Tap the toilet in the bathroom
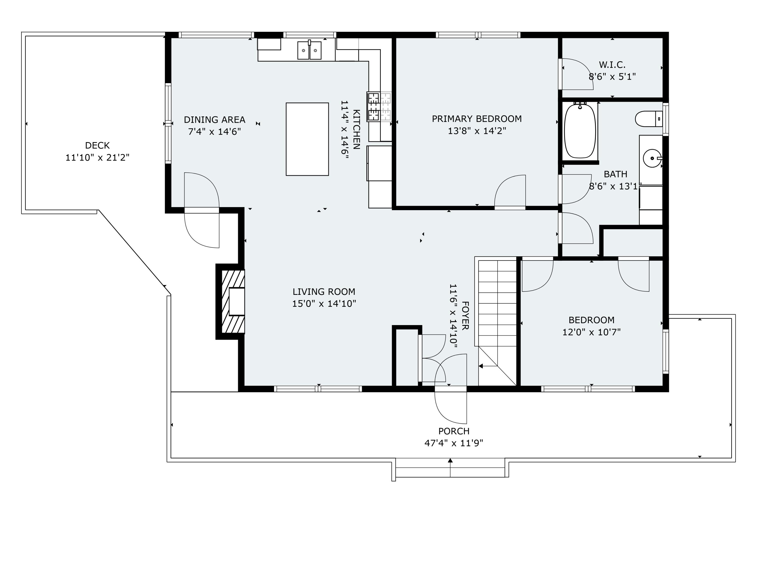pyautogui.click(x=649, y=119)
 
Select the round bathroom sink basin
pyautogui.click(x=652, y=158)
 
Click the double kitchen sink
pyautogui.click(x=309, y=50)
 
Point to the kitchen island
pyautogui.click(x=307, y=139)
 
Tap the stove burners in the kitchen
pyautogui.click(x=379, y=106)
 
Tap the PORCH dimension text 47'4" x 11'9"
pyautogui.click(x=454, y=443)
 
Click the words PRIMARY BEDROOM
pyautogui.click(x=477, y=119)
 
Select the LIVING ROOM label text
pyautogui.click(x=324, y=292)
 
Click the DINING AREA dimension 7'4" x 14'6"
pyautogui.click(x=214, y=132)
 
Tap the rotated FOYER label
pyautogui.click(x=465, y=316)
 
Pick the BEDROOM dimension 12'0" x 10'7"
pyautogui.click(x=591, y=332)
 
